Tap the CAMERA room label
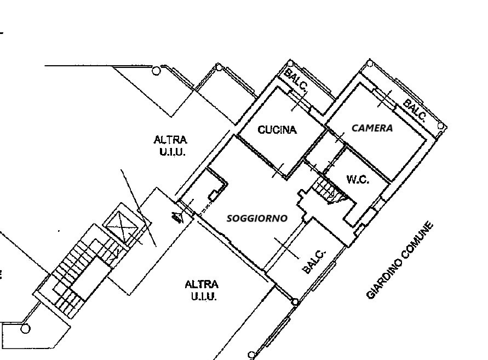372,128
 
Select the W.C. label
358,179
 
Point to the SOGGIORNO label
257,218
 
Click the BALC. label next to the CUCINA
296,79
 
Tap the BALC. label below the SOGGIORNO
314,261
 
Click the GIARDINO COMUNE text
400,260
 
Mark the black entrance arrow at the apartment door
177,217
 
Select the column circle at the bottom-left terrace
25,329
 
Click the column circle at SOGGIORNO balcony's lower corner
295,302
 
